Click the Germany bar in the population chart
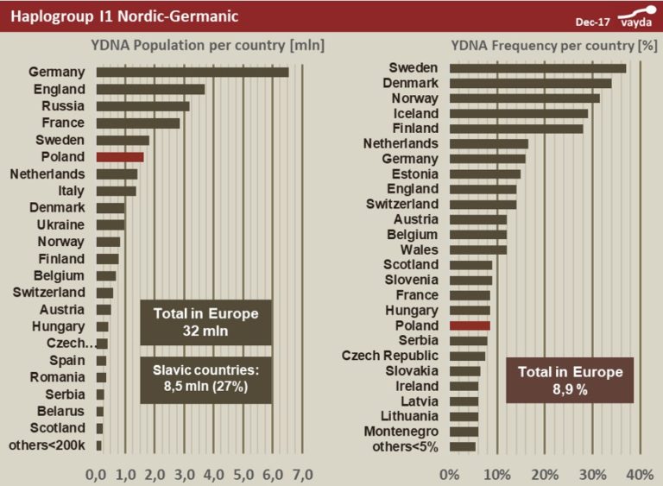pos(192,72)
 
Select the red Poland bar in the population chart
pos(120,157)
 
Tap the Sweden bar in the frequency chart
pos(537,68)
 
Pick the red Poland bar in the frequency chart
pos(470,325)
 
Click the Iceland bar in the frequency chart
pos(518,113)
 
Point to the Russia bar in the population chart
pos(142,106)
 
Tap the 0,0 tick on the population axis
pos(97,474)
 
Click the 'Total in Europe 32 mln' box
pos(205,322)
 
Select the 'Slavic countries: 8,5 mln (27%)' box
pos(205,379)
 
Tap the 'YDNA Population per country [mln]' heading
pos(207,45)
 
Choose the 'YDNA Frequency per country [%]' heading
pos(553,45)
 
